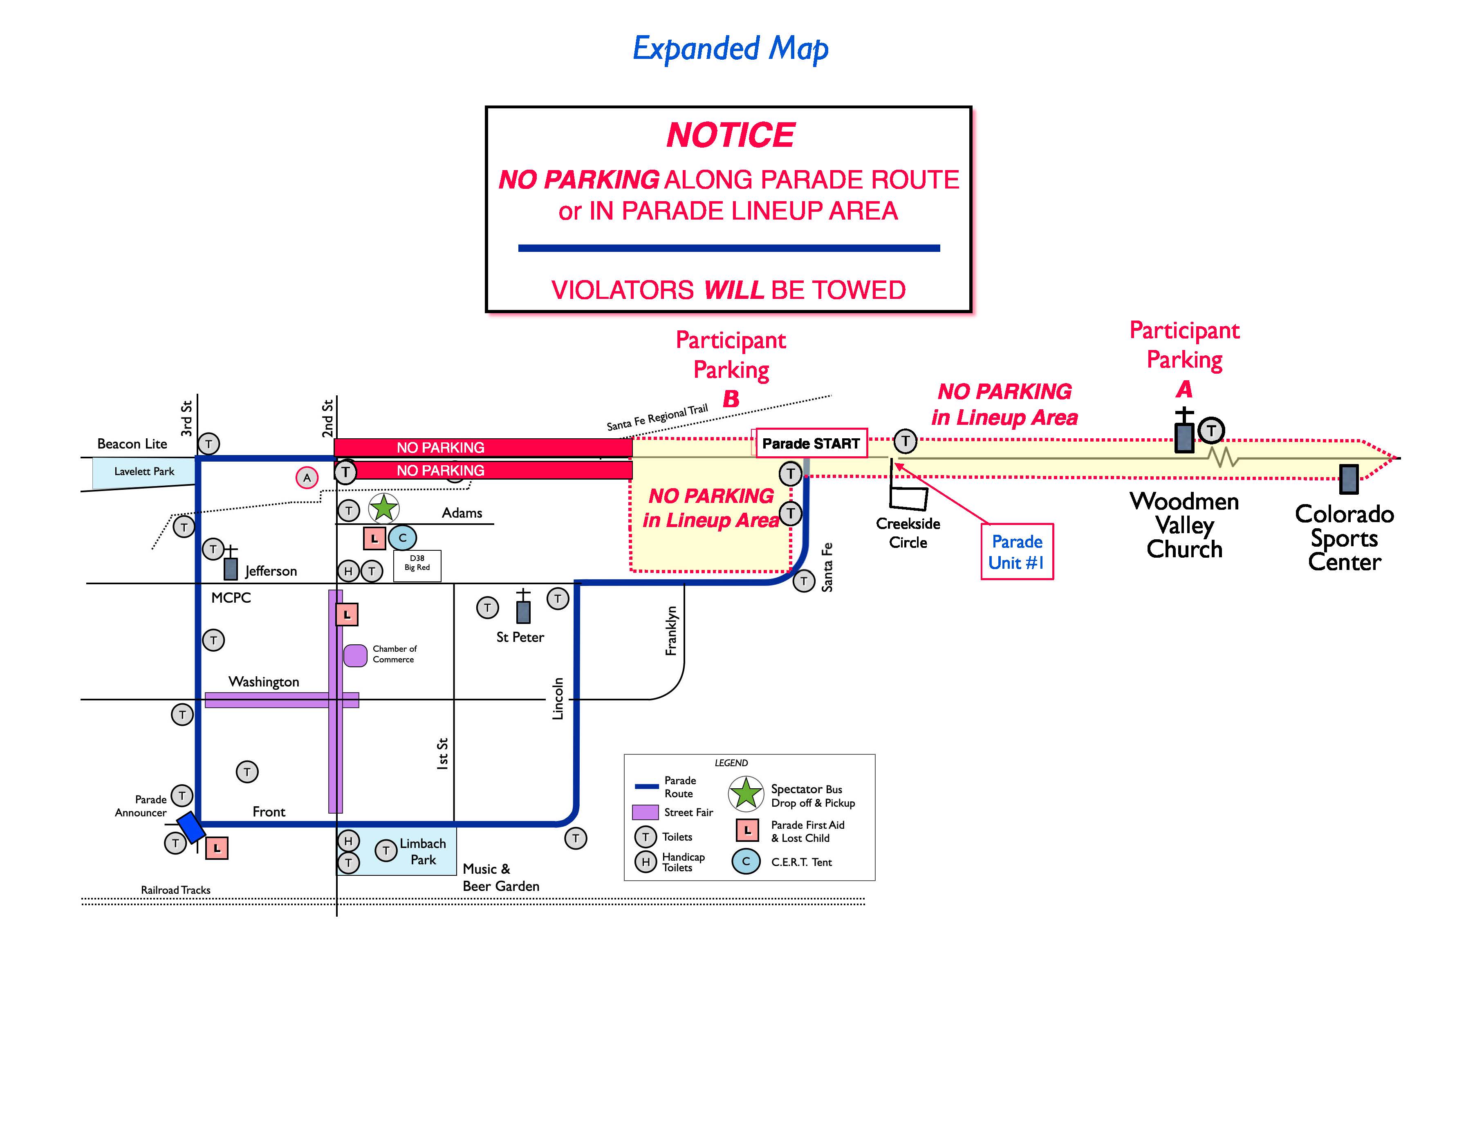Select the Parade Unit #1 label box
[1017, 552]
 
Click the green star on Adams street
[383, 508]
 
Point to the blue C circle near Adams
[402, 538]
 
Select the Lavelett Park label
[144, 471]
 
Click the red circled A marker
[307, 478]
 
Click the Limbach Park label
[423, 852]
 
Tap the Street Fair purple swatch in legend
[645, 812]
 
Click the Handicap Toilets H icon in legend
[645, 862]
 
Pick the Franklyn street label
[671, 630]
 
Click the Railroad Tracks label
[175, 890]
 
